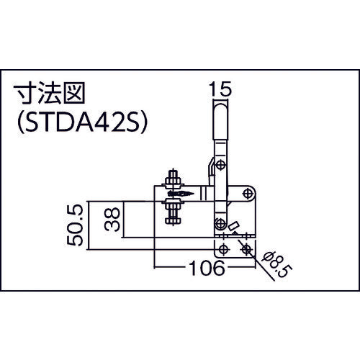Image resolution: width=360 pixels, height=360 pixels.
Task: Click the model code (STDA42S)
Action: tap(81, 122)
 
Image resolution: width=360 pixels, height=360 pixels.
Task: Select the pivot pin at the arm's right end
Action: tap(248, 192)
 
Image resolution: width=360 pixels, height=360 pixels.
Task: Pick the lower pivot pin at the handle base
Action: tap(220, 222)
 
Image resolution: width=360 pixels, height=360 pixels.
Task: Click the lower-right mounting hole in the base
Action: tap(247, 249)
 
